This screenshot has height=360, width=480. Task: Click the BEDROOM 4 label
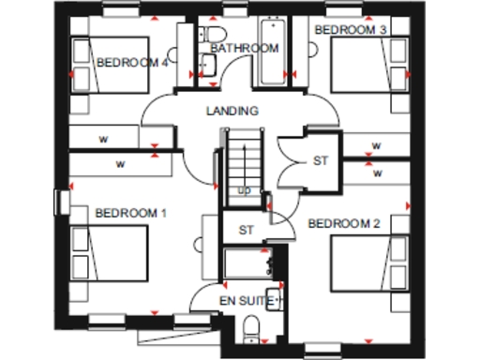click(132, 63)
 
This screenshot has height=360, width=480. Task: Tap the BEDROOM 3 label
click(350, 30)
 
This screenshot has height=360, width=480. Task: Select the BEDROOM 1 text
click(130, 213)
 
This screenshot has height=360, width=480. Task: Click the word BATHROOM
click(244, 48)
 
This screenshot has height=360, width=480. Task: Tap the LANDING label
click(232, 111)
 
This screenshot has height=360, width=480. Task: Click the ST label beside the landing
click(322, 161)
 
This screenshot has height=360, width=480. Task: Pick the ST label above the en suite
click(247, 230)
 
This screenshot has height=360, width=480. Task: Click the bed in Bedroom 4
click(111, 66)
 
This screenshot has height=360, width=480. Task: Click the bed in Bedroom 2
click(368, 265)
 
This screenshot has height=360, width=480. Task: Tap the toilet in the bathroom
click(209, 64)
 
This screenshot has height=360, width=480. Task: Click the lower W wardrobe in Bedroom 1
click(122, 164)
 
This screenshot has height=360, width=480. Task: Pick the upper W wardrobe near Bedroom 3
click(376, 145)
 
